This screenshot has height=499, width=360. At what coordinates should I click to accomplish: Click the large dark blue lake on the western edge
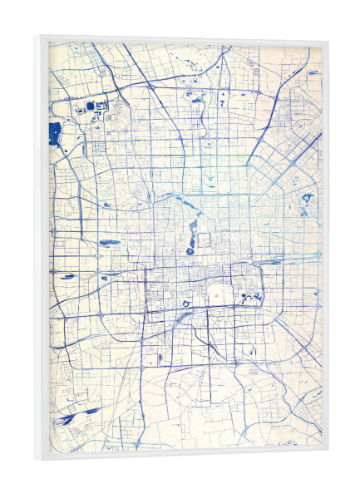click(55, 131)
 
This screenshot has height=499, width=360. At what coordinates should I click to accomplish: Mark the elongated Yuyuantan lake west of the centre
click(109, 243)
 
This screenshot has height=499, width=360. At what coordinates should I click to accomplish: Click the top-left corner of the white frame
click(40, 37)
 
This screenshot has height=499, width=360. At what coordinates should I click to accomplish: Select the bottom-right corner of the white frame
click(328, 452)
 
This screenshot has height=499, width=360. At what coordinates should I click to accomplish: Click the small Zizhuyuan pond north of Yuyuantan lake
click(107, 204)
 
